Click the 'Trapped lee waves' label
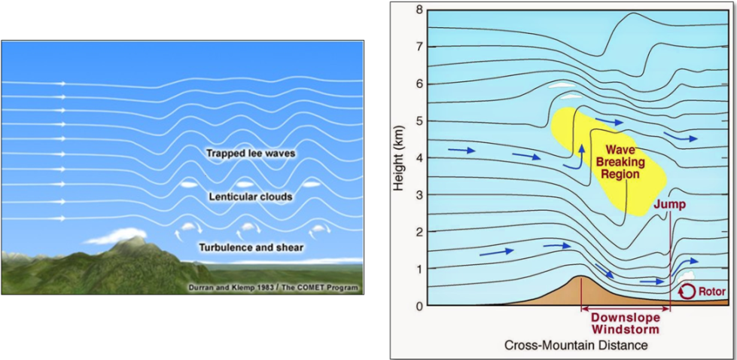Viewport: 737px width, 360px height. pyautogui.click(x=251, y=153)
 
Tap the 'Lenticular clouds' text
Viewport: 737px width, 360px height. pyautogui.click(x=251, y=197)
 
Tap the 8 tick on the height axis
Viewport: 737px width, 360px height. pyautogui.click(x=418, y=10)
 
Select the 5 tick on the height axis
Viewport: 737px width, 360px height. pyautogui.click(x=418, y=121)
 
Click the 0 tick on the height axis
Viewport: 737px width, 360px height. pyautogui.click(x=418, y=305)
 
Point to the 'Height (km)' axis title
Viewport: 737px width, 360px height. pyautogui.click(x=400, y=157)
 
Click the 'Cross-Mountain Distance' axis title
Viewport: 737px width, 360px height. pyautogui.click(x=577, y=346)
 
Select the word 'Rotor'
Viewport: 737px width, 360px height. pyautogui.click(x=711, y=291)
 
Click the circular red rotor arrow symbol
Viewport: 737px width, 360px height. pyautogui.click(x=687, y=291)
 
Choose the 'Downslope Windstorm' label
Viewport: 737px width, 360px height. pyautogui.click(x=626, y=323)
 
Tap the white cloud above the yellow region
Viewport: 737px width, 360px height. pyautogui.click(x=562, y=85)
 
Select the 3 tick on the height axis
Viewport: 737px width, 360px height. pyautogui.click(x=418, y=194)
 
